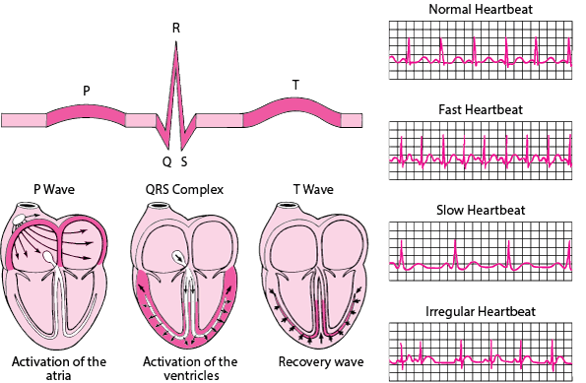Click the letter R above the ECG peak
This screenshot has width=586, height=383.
pos(175,27)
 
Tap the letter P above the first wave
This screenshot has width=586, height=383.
pos(87,91)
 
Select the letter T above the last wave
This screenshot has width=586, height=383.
pos(296,85)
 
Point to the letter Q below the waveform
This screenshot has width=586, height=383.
pos(166,160)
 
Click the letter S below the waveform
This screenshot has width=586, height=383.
pos(184,160)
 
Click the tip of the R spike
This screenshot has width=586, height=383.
pos(175,45)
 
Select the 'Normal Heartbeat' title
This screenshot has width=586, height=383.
pos(482,10)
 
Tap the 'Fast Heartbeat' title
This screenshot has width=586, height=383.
pos(482,108)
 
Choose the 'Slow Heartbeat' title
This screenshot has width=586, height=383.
pos(482,210)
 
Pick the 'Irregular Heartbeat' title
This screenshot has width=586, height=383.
pos(482,311)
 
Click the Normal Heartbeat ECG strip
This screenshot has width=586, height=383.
pos(482,53)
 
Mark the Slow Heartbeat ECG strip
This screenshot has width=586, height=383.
pos(482,254)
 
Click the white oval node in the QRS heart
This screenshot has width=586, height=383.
pos(179,257)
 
